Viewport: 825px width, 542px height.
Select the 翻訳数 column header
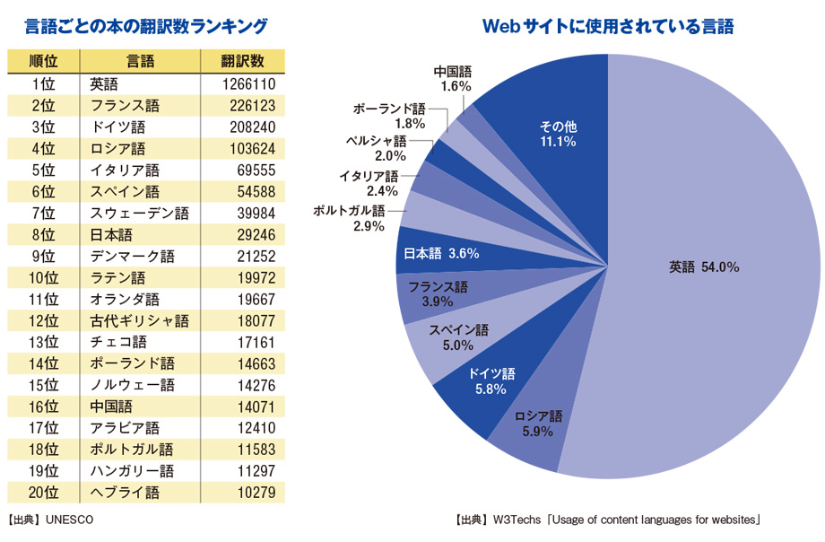tap(242, 62)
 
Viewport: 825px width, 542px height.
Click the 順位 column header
tap(44, 62)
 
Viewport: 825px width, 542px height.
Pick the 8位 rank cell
tap(43, 235)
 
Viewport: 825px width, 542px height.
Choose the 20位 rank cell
tap(43, 493)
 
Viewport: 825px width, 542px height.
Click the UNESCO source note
tap(50, 520)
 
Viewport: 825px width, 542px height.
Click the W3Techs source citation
tap(609, 520)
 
